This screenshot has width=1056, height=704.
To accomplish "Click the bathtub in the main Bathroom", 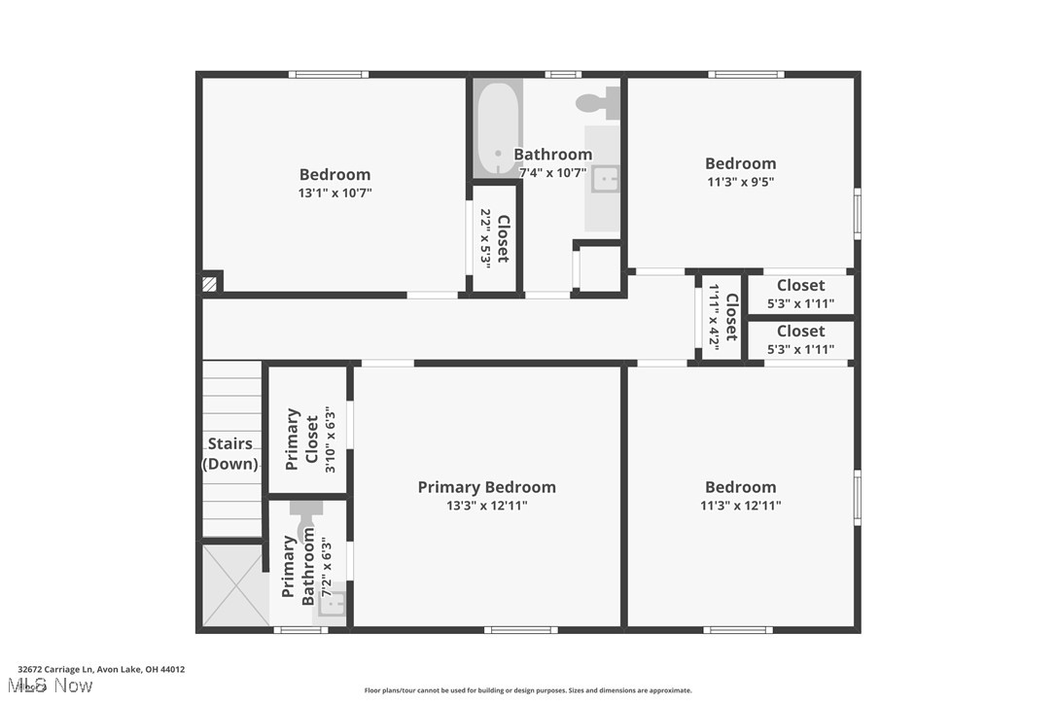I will coord(498,129).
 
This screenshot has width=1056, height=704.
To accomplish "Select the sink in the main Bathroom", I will coord(605,179).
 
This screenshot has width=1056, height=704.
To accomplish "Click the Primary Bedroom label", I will coord(486,487).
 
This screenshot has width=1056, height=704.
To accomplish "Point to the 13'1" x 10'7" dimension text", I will coord(334,194).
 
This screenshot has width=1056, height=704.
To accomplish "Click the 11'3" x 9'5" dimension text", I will coord(740,182).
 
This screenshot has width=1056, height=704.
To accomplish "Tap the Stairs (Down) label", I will coord(230,454).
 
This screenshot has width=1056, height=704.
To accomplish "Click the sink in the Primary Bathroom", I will coord(332,605).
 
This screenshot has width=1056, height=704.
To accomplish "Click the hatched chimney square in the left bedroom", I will coord(209,284).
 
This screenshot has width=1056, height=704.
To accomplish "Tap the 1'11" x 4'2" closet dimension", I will coord(714,317).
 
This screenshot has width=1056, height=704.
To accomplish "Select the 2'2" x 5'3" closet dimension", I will coord(484,237).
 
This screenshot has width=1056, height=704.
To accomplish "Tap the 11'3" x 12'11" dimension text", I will coord(740,506).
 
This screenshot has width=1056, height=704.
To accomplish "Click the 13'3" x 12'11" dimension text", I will coord(486,506).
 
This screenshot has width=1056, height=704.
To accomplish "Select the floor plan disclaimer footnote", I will coord(528,690).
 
